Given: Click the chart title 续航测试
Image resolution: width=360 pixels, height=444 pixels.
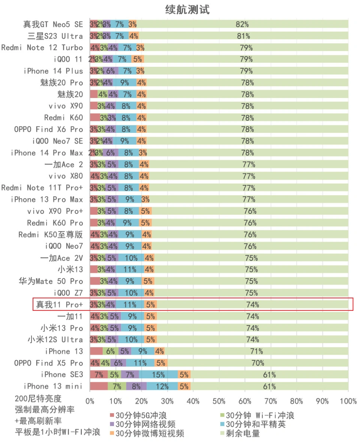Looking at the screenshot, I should coord(187,10).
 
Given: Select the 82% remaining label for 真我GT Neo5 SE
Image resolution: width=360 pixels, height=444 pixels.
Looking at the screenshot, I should coord(242,24).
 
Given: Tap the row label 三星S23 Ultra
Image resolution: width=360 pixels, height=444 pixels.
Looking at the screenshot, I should coord(55,36).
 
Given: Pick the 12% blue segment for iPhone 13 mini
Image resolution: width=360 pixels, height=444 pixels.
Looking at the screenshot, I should coord(162,386).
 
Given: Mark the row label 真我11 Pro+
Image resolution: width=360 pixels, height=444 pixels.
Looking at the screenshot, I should coord(59,304).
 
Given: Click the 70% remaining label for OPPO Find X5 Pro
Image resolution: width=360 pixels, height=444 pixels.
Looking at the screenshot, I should coord(258,363).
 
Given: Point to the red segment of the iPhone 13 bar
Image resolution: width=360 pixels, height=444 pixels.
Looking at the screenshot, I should coord(96,351).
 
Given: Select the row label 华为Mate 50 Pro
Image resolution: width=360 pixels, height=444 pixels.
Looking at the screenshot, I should coord(51,281).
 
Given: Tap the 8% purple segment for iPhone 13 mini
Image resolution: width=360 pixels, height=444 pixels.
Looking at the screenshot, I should coord(136,386).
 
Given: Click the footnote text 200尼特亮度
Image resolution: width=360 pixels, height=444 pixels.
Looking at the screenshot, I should coord(38,399).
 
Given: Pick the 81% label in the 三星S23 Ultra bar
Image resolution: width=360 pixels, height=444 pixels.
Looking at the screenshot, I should coord(243,36).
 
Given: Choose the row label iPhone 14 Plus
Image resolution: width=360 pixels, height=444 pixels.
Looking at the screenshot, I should coord(53,71).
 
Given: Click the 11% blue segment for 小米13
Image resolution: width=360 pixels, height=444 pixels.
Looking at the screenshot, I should coord(129,269).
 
